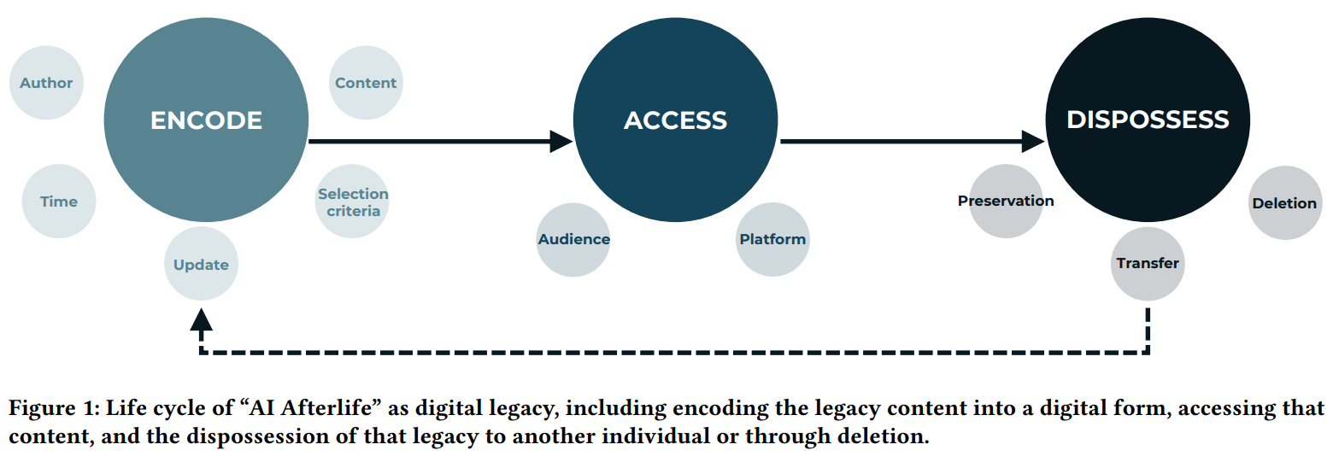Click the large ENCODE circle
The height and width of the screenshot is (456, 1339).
coord(206,120)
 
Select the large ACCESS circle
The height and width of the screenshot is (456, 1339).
coord(675,120)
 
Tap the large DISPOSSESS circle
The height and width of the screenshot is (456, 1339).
coord(1148,119)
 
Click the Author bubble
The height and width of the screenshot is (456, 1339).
coord(46,83)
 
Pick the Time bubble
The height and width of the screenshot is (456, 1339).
coord(59,202)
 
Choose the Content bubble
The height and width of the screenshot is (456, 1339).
coord(366,83)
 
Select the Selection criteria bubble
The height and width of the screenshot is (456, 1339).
coord(353,202)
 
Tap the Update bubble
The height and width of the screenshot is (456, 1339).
coord(201,265)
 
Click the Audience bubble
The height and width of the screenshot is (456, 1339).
coord(573,239)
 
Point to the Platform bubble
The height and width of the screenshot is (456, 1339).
coord(772,239)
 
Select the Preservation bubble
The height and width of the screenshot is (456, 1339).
coord(1006,201)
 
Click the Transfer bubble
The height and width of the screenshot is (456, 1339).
coord(1148,263)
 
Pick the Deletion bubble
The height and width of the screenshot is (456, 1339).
coord(1284,203)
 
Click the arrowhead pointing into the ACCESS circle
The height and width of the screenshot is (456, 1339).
coord(561,141)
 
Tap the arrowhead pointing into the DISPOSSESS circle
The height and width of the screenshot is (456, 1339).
coord(1034,141)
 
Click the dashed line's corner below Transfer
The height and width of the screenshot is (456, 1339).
coord(1148,351)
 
